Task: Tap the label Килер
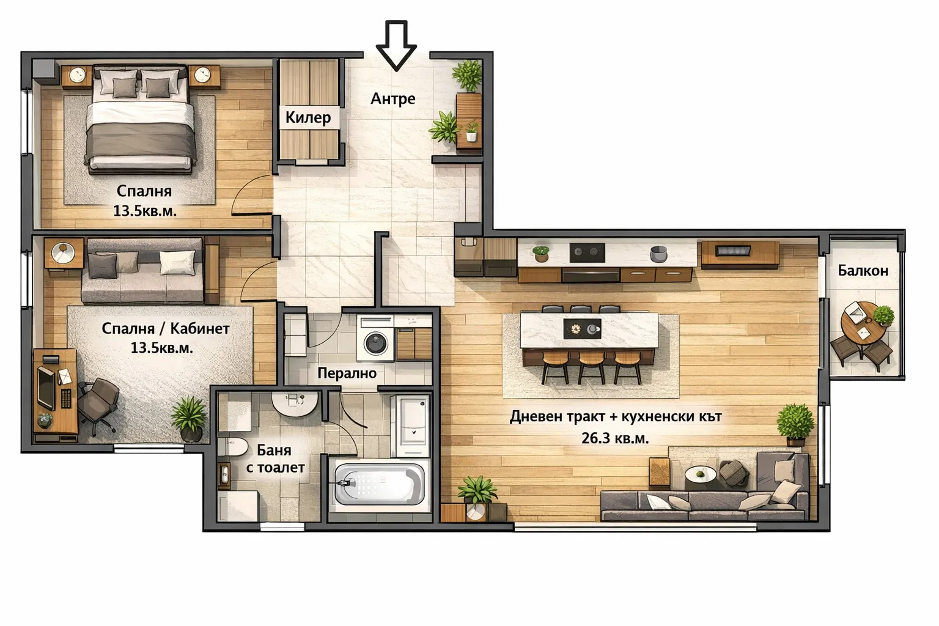click(308, 117)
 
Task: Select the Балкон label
click(863, 270)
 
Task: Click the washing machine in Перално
click(375, 342)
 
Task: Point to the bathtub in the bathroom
click(379, 484)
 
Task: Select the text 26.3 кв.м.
click(615, 438)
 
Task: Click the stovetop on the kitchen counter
click(587, 252)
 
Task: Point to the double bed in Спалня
click(141, 119)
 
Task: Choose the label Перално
click(347, 373)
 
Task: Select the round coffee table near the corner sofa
click(697, 475)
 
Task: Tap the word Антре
click(393, 98)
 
